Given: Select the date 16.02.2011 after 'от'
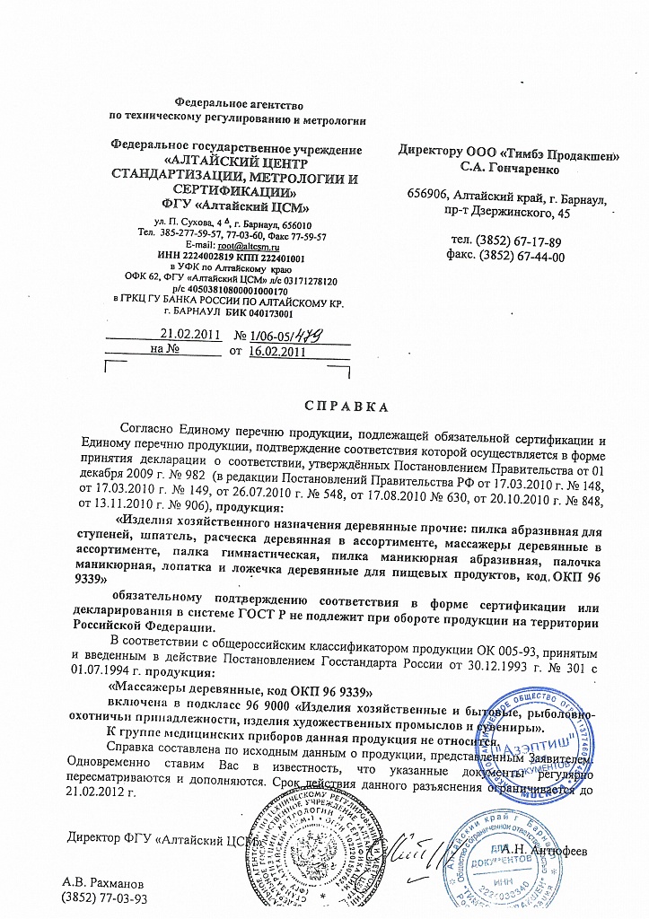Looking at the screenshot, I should click(275, 352).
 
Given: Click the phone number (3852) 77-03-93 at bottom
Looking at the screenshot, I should click(103, 897).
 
